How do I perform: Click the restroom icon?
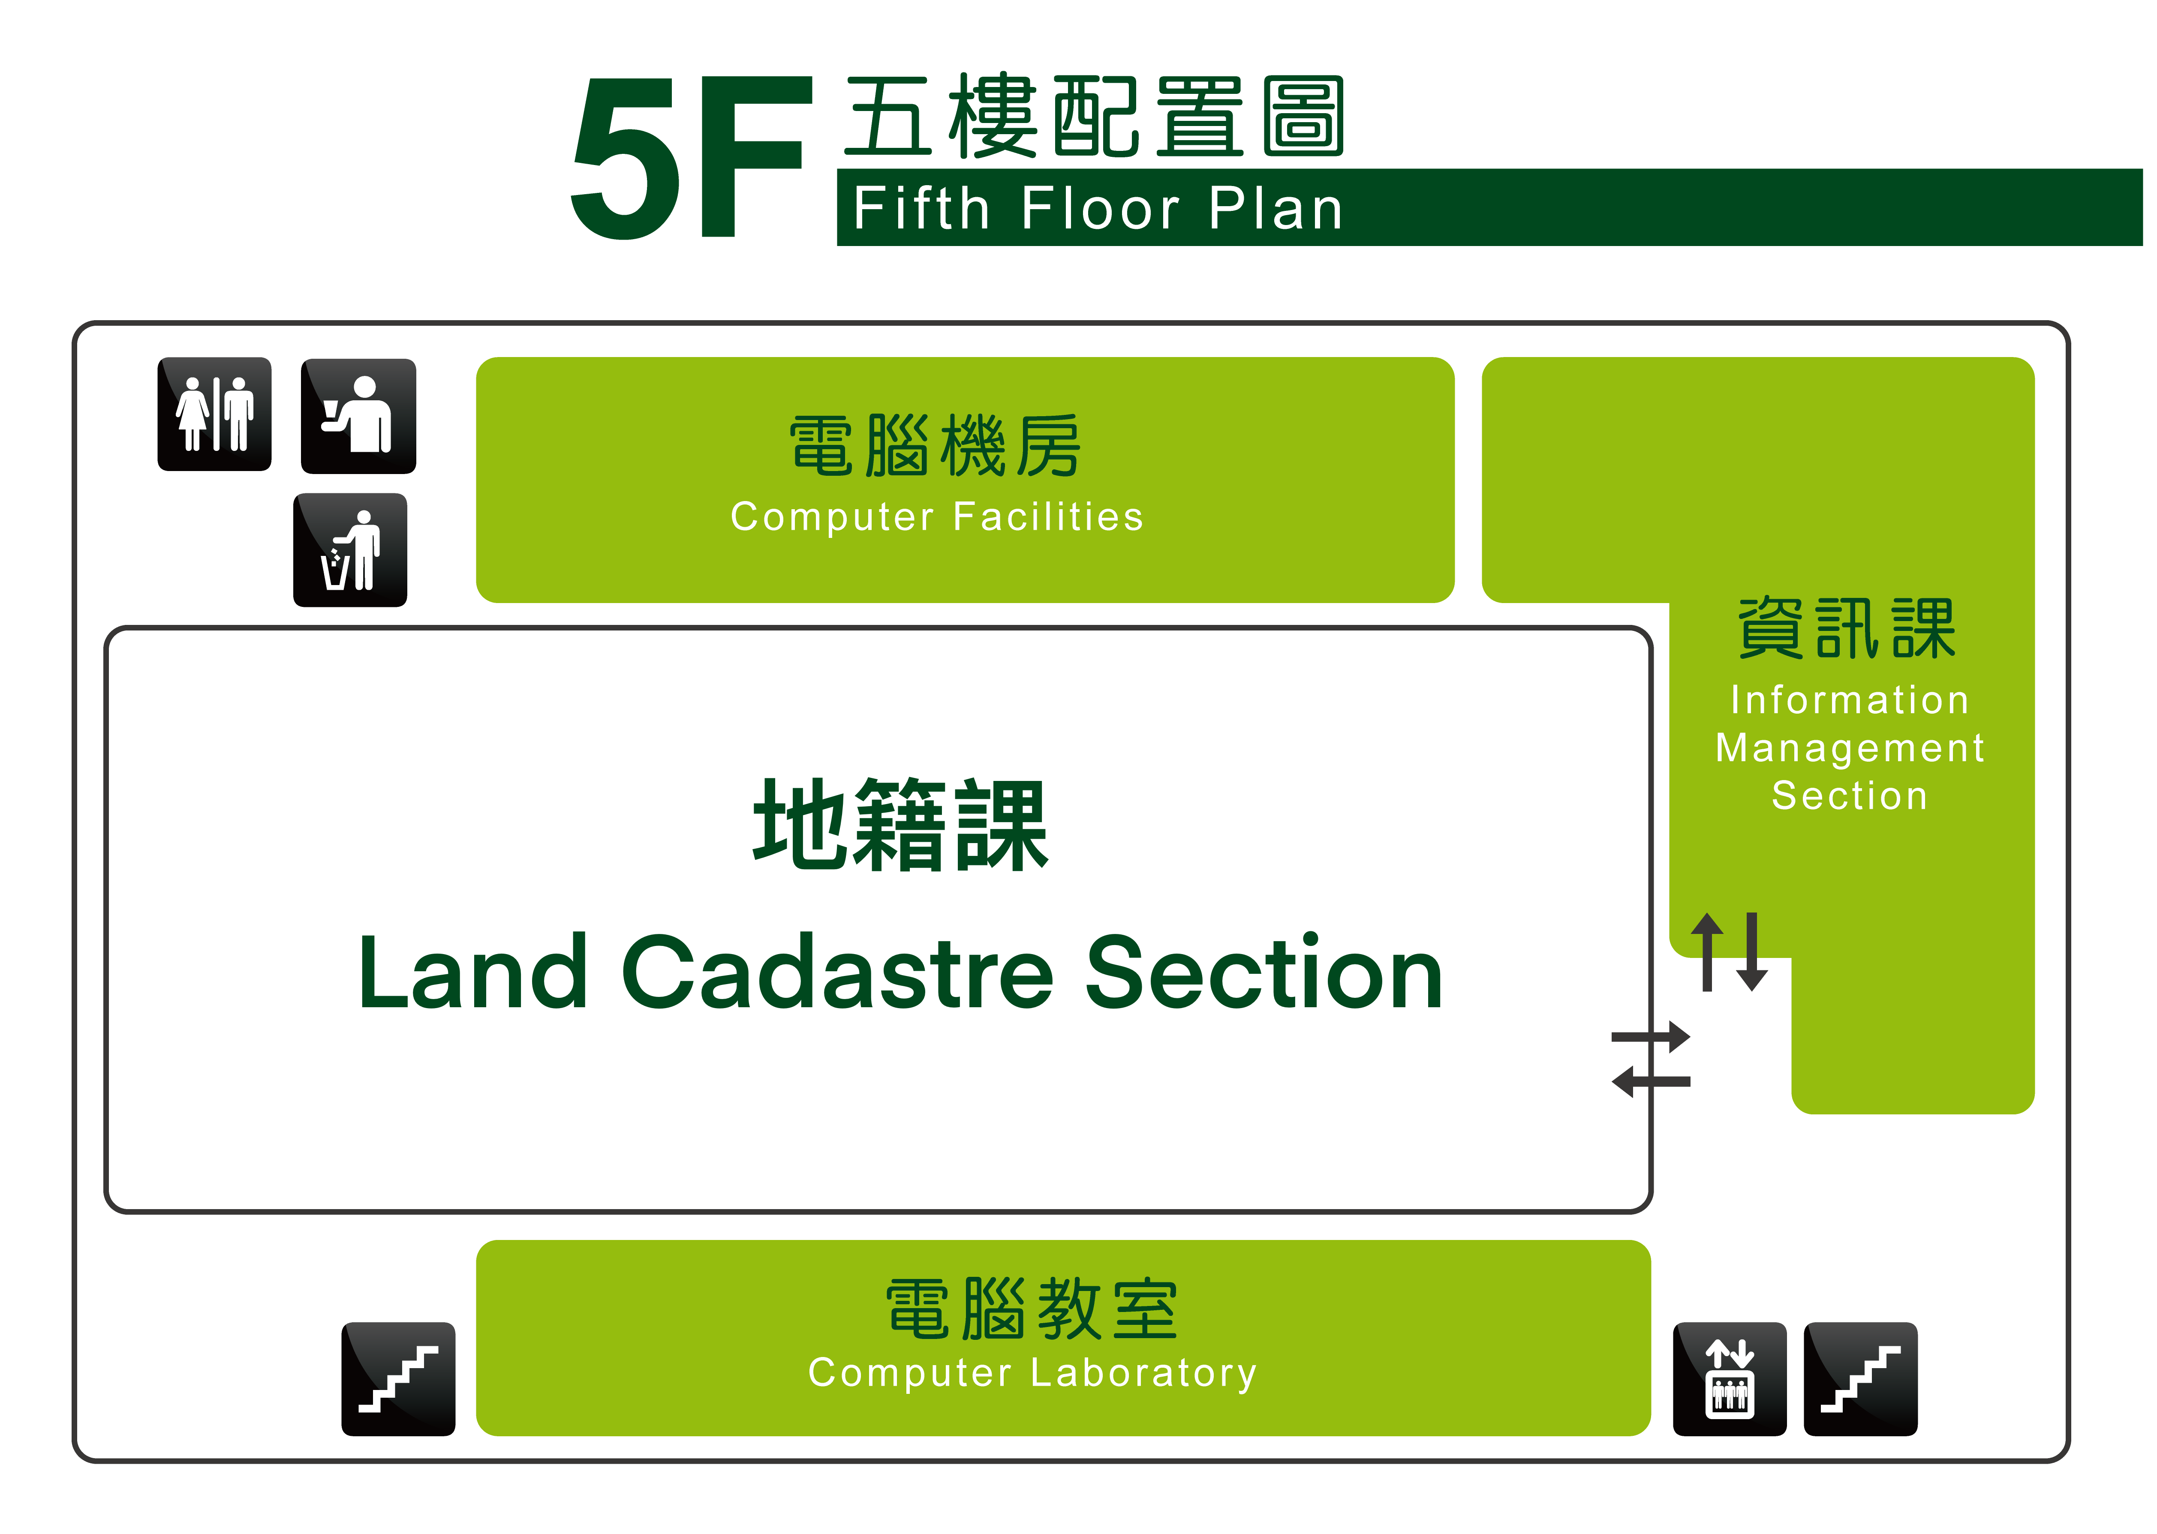tap(214, 414)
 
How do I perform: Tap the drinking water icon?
tap(358, 416)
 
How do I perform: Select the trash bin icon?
tap(351, 550)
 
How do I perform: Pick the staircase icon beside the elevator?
tap(1860, 1379)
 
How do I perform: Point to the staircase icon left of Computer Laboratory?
tap(399, 1379)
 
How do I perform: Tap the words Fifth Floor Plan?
tap(1098, 209)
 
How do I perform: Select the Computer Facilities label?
tap(937, 516)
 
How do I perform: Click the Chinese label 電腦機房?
tap(936, 446)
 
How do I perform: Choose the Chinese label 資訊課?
tap(1847, 628)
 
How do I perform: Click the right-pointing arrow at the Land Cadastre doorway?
tap(1651, 1037)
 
